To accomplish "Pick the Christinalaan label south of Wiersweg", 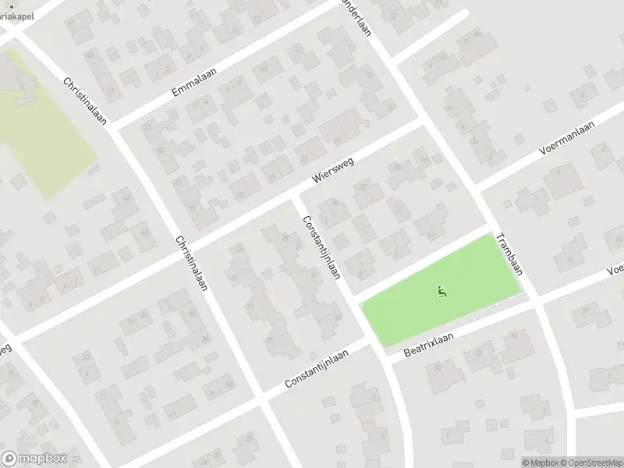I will coord(191,263).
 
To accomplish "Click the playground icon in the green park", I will coord(442,293).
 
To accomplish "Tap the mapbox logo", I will coord(34,459).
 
